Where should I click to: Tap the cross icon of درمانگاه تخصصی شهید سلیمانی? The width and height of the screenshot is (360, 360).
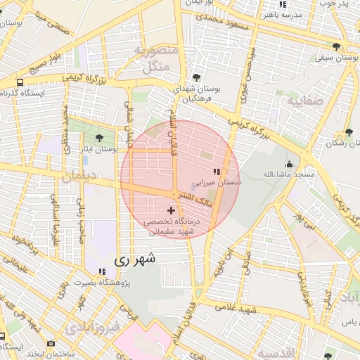171,210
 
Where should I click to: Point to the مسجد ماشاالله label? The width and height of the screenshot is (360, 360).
285,174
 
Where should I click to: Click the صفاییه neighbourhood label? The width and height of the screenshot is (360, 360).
304,101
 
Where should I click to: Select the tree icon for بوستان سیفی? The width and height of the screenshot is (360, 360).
337,46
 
